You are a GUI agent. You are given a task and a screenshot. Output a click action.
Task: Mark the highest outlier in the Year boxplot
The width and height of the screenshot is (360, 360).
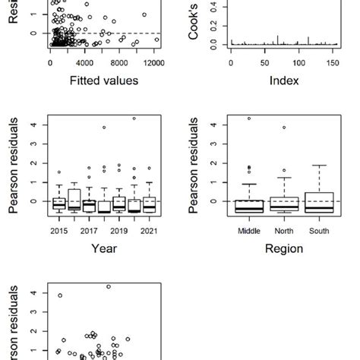tap(134, 118)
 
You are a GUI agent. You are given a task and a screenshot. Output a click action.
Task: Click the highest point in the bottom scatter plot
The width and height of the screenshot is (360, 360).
tap(109, 286)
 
